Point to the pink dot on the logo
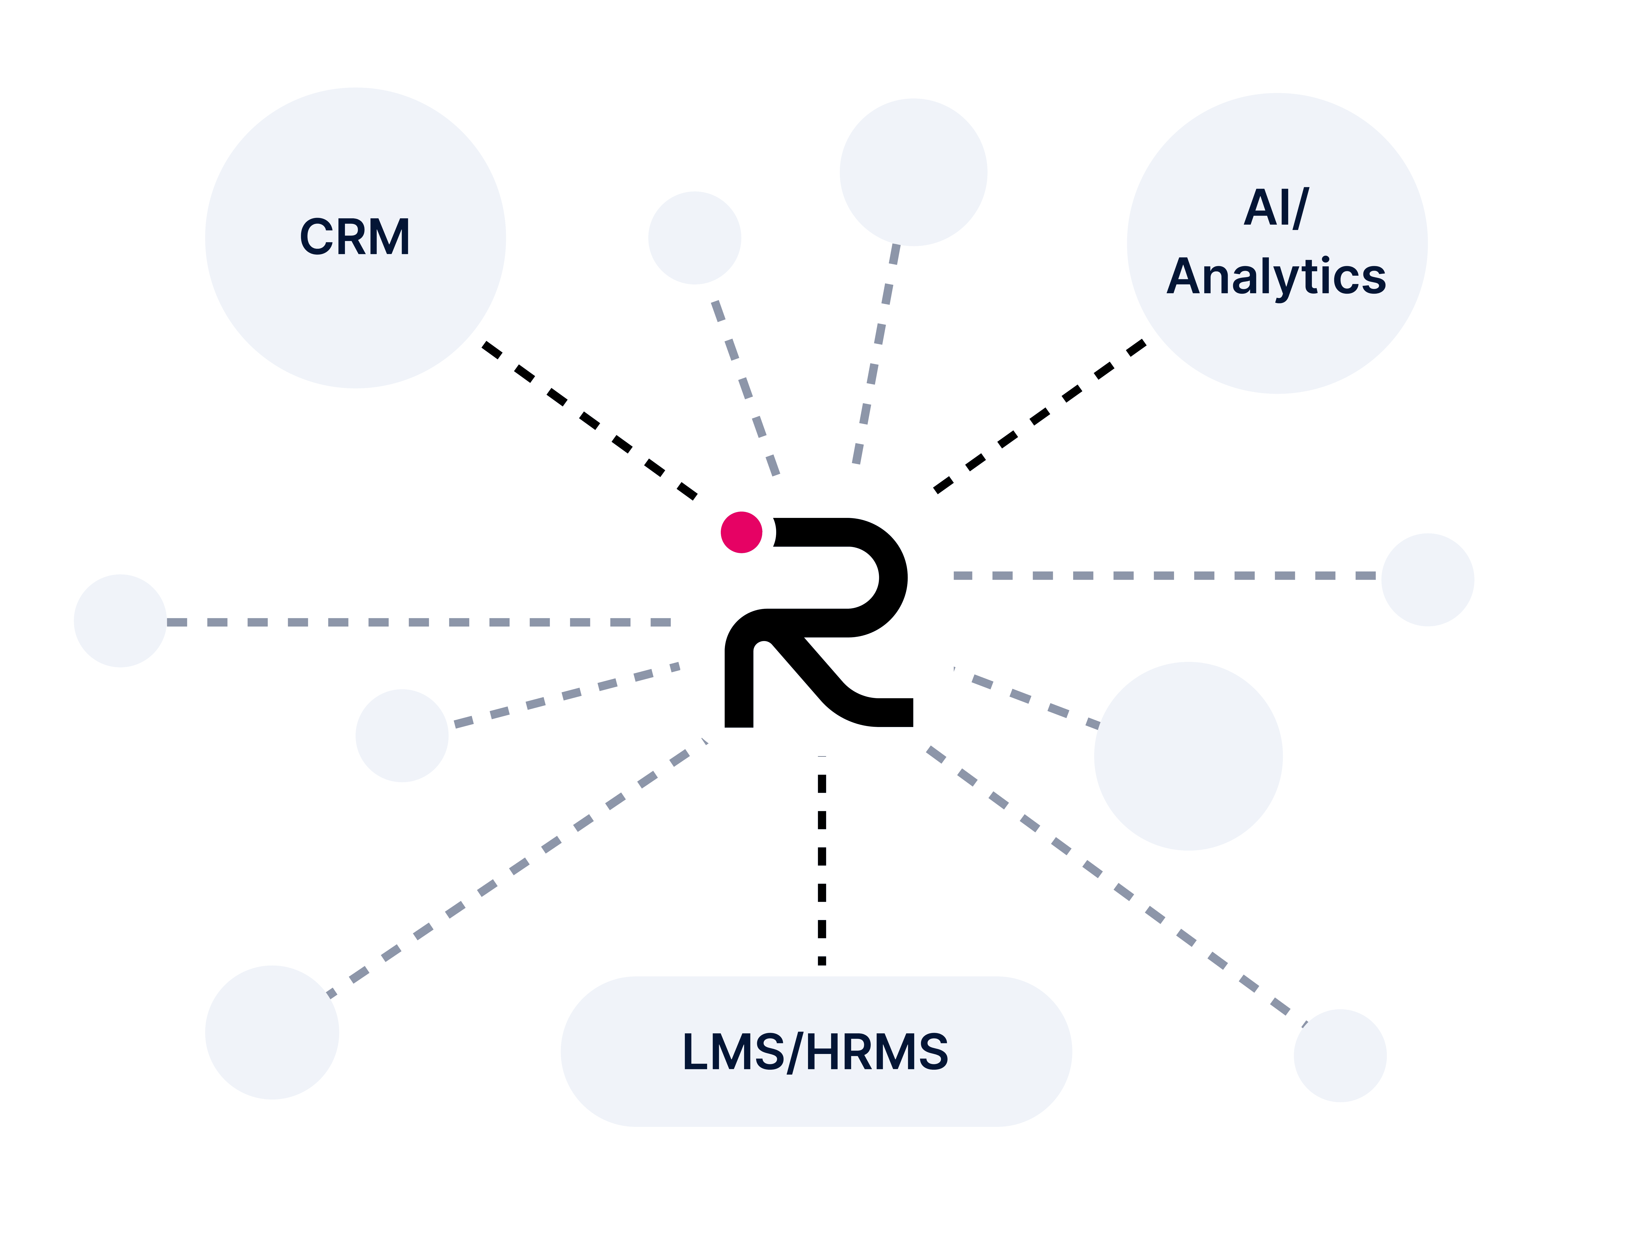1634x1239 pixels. pos(741,532)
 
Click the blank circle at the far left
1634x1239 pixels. pos(120,620)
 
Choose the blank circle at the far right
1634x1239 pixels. pos(1427,580)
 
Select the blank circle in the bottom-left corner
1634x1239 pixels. pos(272,1032)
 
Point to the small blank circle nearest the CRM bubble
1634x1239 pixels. pos(694,238)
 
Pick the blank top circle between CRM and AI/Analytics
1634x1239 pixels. pos(913,172)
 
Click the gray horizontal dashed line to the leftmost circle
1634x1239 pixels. pos(418,622)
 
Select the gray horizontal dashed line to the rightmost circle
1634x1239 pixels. pos(1164,575)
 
